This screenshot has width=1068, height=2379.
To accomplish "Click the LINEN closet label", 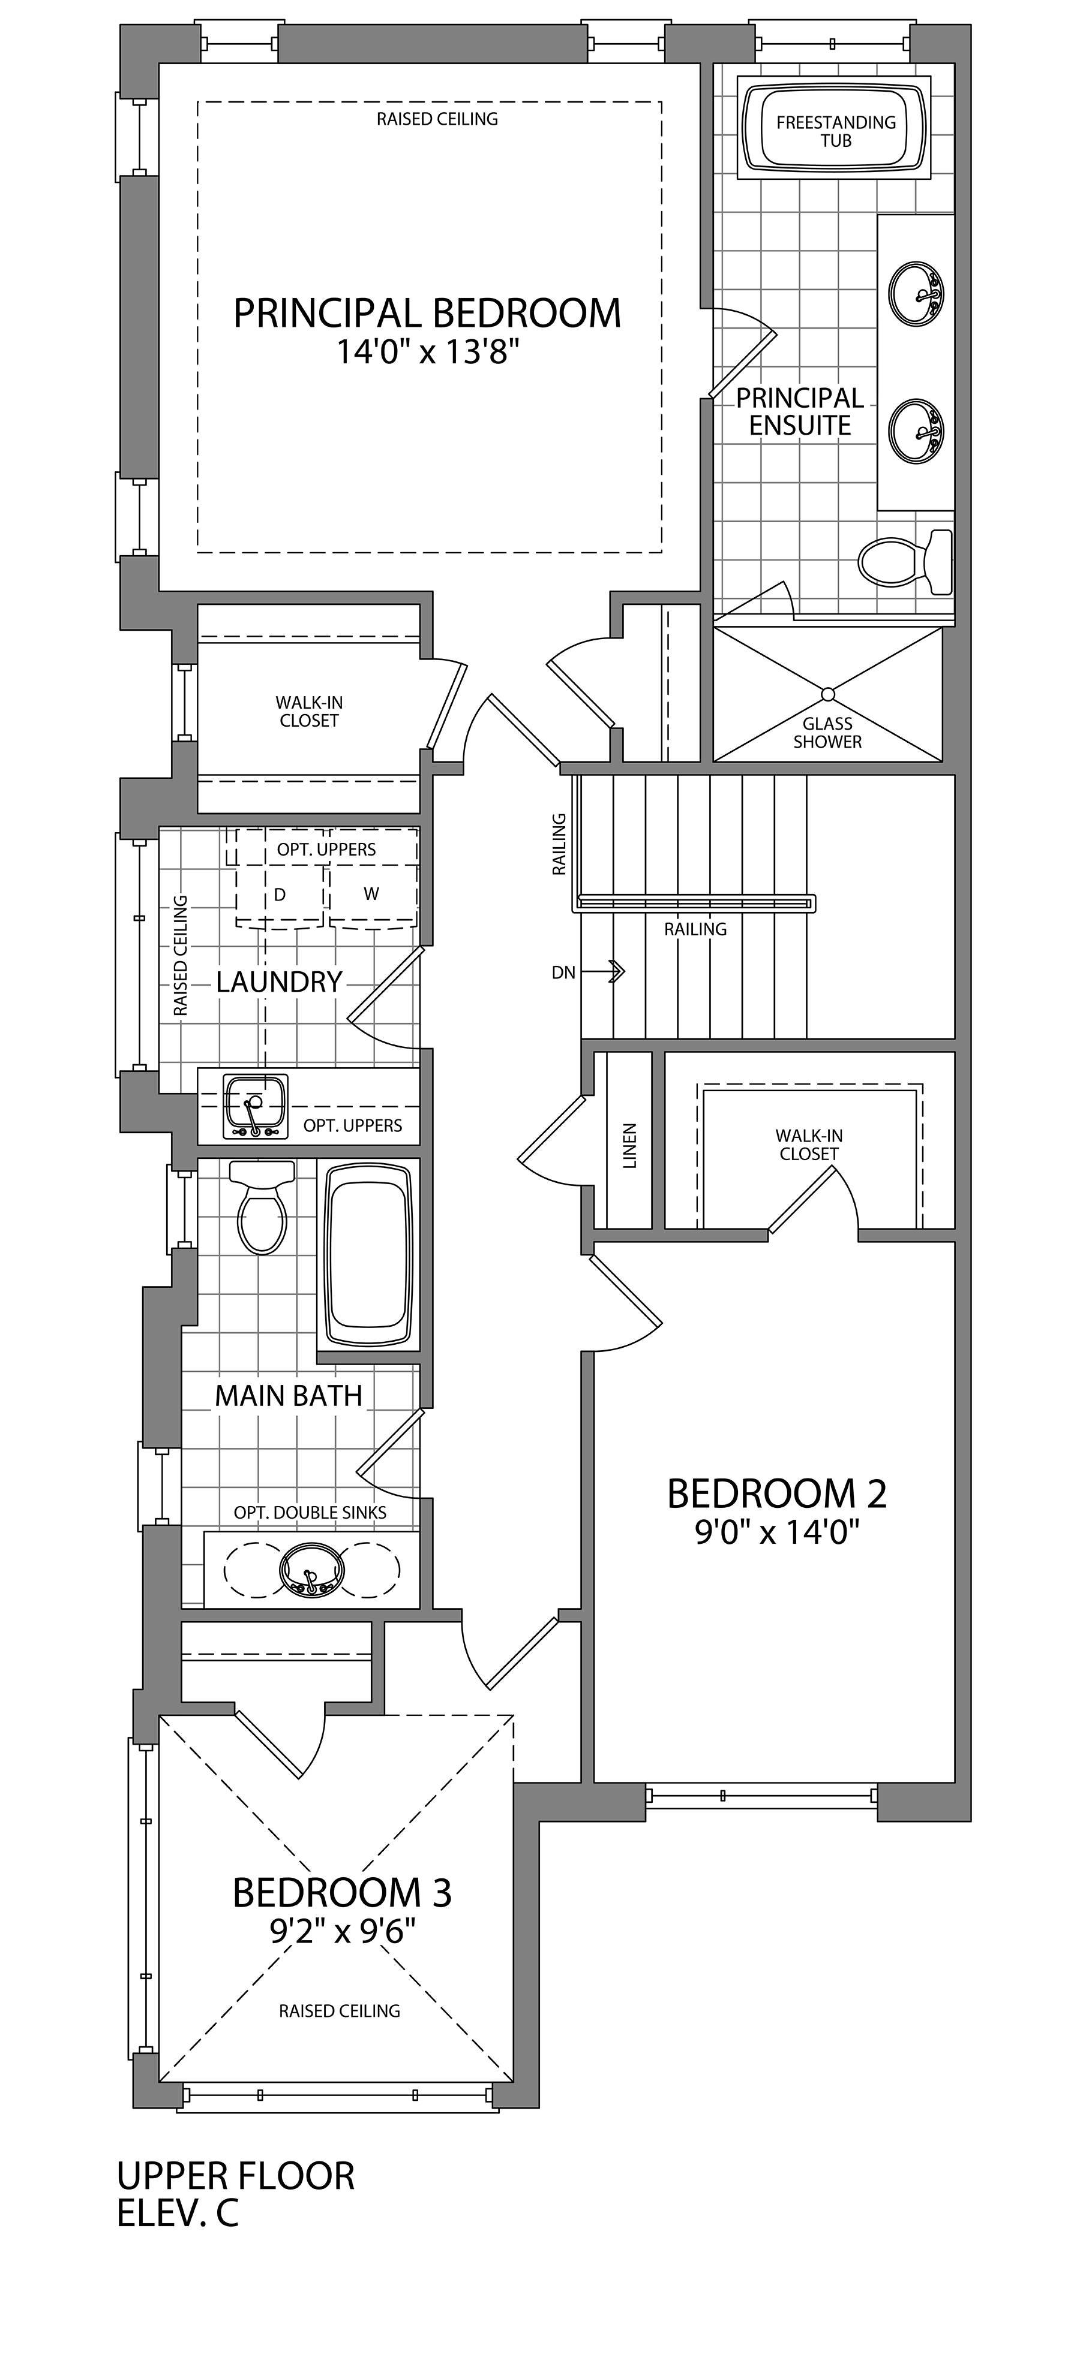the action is (x=630, y=1146).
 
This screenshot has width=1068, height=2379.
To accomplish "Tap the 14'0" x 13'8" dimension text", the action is (x=423, y=352).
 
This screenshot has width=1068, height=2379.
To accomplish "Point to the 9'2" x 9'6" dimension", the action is (x=343, y=1929).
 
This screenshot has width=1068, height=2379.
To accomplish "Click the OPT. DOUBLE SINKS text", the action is (x=310, y=1512).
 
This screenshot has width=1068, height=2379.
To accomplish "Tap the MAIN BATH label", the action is (x=288, y=1396).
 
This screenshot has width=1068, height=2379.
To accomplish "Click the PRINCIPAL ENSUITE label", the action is (x=800, y=412).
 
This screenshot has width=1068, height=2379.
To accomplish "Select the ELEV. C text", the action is (x=178, y=2214).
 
